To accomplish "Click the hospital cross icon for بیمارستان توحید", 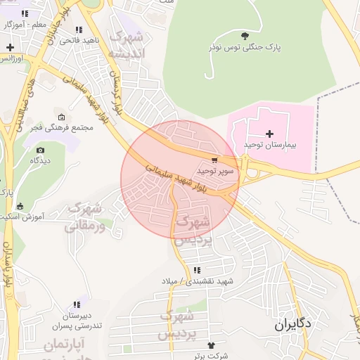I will (269, 134).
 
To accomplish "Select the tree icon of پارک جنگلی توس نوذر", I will (244, 36).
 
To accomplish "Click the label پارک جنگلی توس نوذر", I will (244, 47).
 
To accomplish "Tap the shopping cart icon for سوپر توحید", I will (214, 160).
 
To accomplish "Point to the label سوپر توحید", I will (215, 170).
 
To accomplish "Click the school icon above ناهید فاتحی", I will (78, 30).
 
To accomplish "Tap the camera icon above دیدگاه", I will (40, 150).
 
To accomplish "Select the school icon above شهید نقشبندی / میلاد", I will (197, 270).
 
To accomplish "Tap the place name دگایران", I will (292, 326).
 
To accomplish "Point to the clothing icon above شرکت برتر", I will (210, 345).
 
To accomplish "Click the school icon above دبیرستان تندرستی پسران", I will (77, 306).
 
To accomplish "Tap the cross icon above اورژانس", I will (10, 48).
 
